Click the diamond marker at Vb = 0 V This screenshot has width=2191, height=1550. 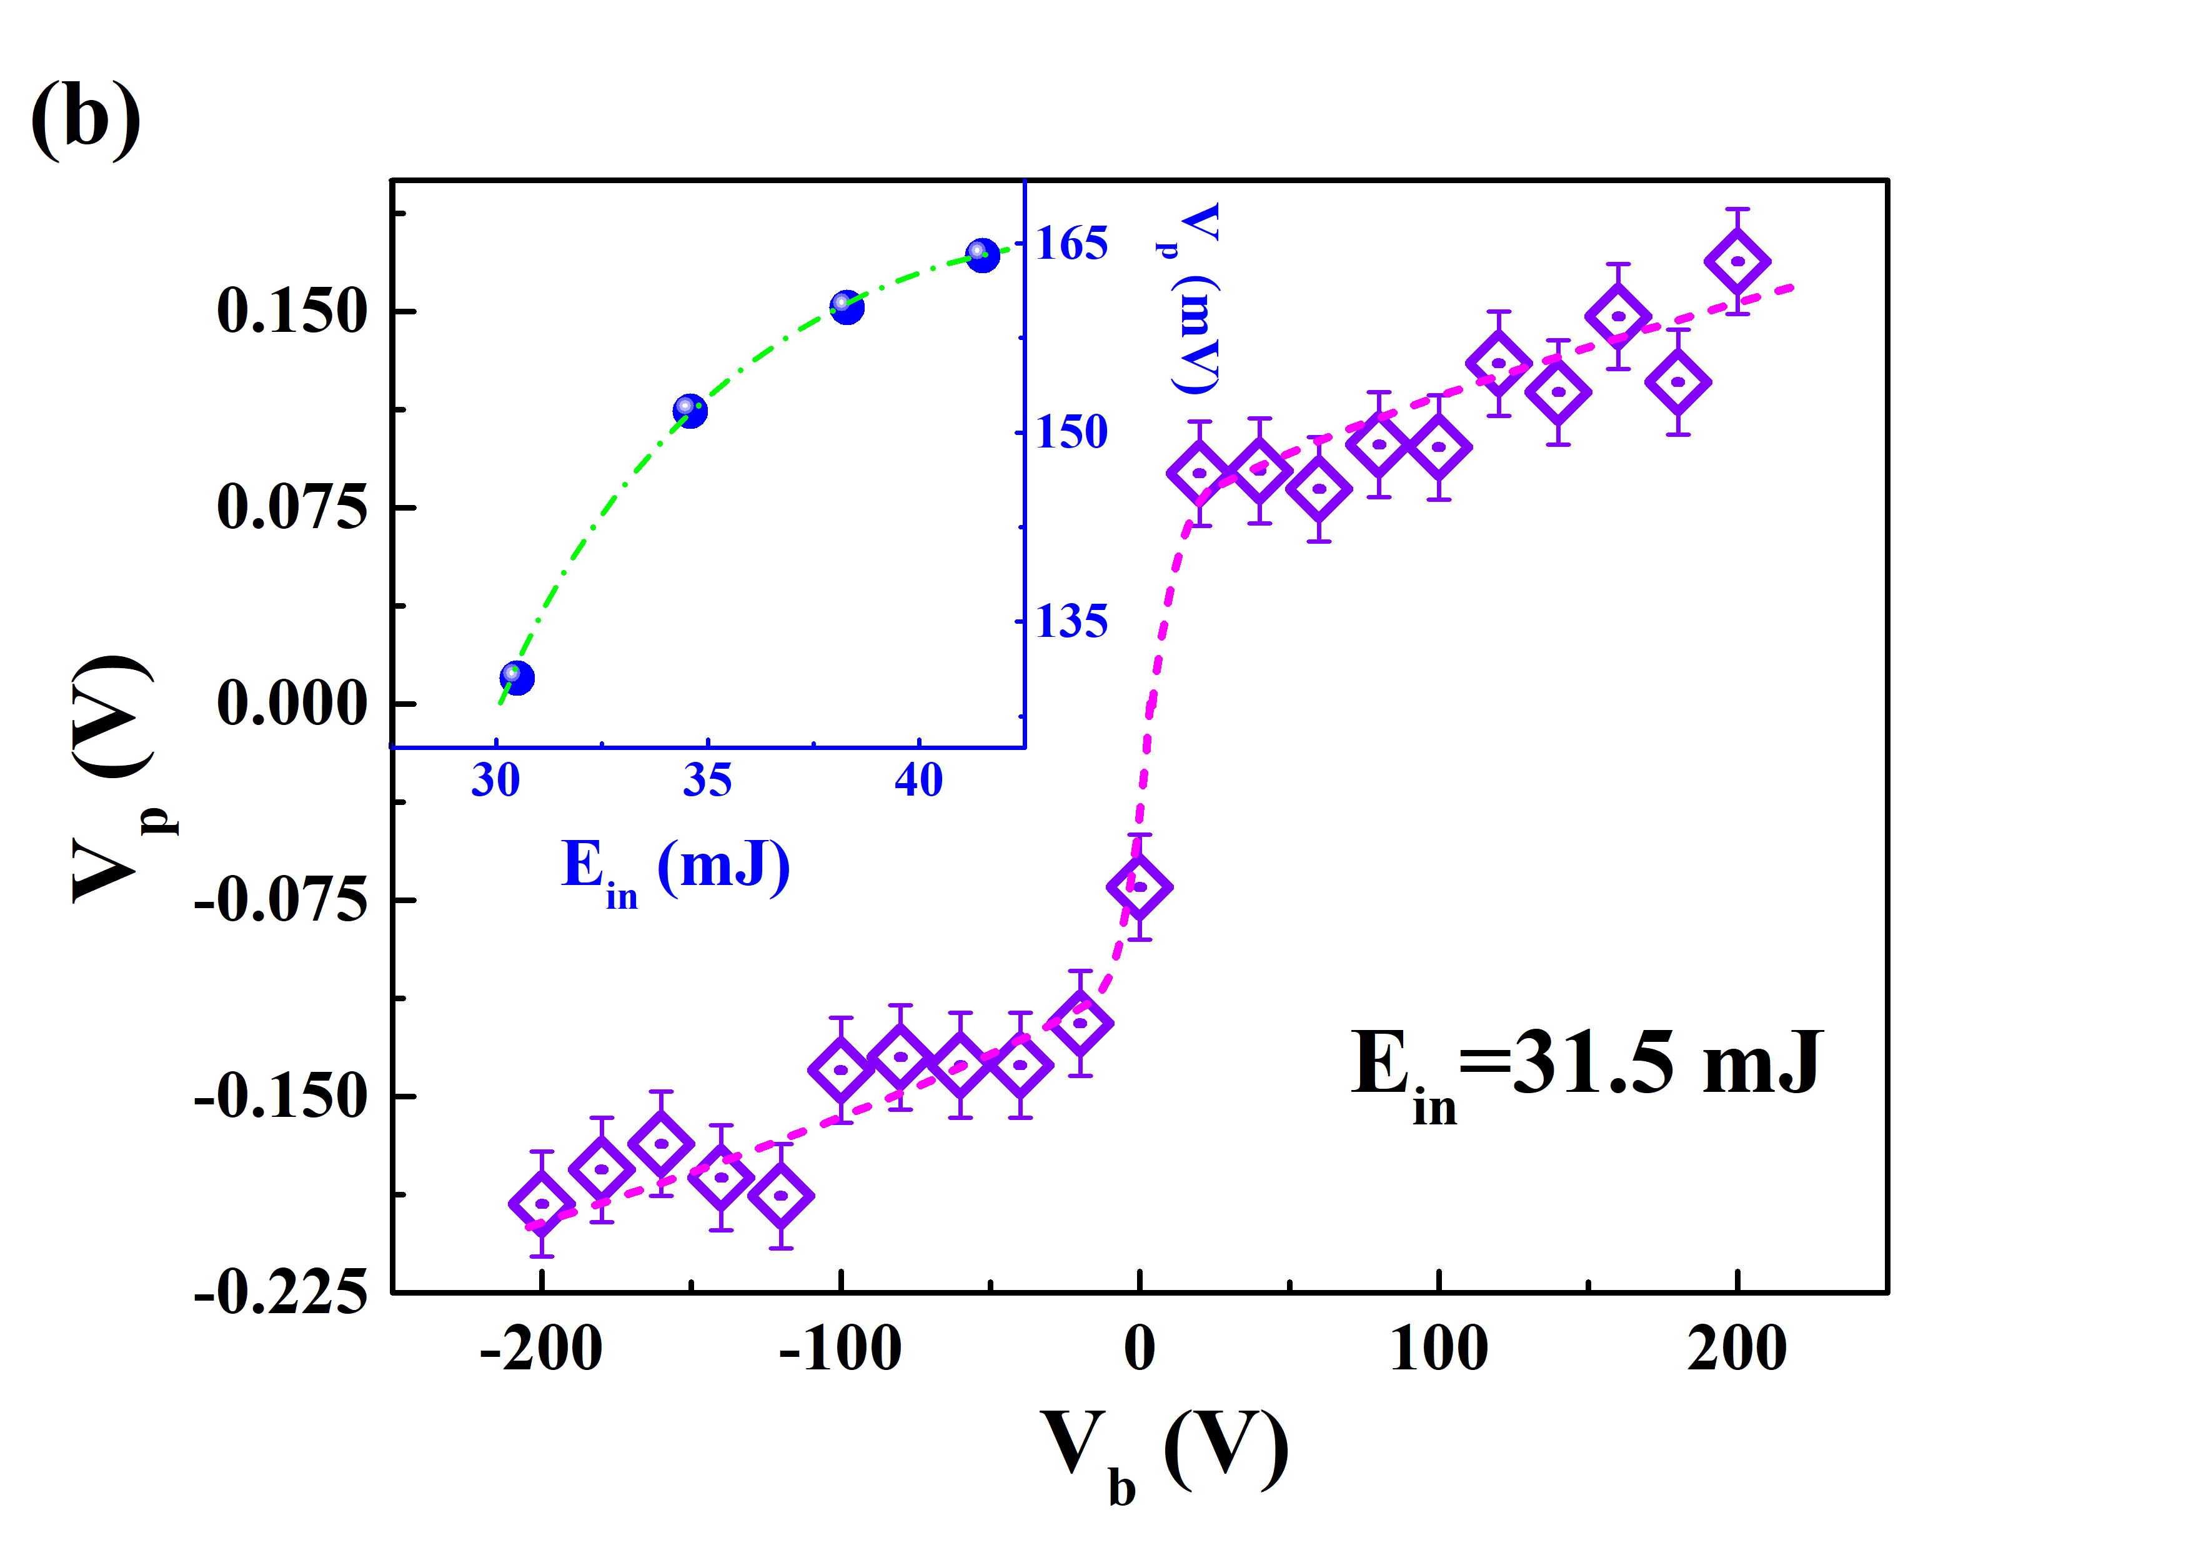[1140, 887]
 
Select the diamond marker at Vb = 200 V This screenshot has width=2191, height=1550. [1737, 261]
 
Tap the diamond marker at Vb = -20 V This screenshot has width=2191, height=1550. [1080, 1023]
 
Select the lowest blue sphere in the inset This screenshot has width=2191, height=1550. [516, 677]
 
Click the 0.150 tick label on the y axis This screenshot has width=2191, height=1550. [291, 311]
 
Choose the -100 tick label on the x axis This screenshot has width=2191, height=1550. [840, 1349]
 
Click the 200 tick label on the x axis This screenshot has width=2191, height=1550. [1737, 1349]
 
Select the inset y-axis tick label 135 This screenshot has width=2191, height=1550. [1071, 621]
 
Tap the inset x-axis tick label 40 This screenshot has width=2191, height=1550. [918, 780]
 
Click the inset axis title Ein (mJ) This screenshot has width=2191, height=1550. [675, 869]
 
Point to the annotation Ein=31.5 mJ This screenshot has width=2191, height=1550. [1586, 1067]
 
